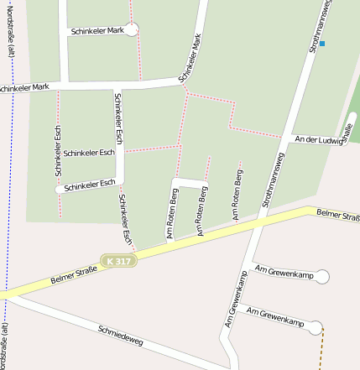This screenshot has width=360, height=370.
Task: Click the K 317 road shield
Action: pos(119,262)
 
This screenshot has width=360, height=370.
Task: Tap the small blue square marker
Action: pos(322,43)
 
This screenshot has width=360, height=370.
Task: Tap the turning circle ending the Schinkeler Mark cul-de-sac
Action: pos(132,30)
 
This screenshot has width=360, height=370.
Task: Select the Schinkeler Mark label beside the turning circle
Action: pos(97,30)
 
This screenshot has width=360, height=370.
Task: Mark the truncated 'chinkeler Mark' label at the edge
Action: pos(25,87)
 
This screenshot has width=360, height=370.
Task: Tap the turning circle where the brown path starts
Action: pos(316,327)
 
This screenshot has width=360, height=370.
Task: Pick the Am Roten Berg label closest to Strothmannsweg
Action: pos(238,196)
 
